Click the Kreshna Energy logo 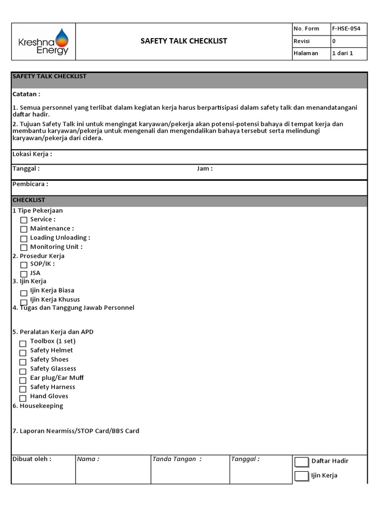[43, 42]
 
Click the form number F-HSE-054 [346, 28]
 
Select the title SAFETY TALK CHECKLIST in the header [184, 41]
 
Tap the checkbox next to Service [24, 220]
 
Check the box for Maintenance [24, 230]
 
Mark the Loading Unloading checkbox [24, 239]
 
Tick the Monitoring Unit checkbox [24, 248]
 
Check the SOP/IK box [24, 265]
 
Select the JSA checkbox [24, 274]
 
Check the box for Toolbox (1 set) [23, 344]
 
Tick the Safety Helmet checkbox [23, 353]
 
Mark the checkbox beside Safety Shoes [23, 362]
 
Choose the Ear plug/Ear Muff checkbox [23, 380]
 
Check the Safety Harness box [23, 389]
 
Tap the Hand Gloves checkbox [23, 399]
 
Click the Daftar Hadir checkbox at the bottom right [302, 462]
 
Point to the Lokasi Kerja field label [32, 154]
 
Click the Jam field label [205, 169]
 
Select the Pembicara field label [30, 184]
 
